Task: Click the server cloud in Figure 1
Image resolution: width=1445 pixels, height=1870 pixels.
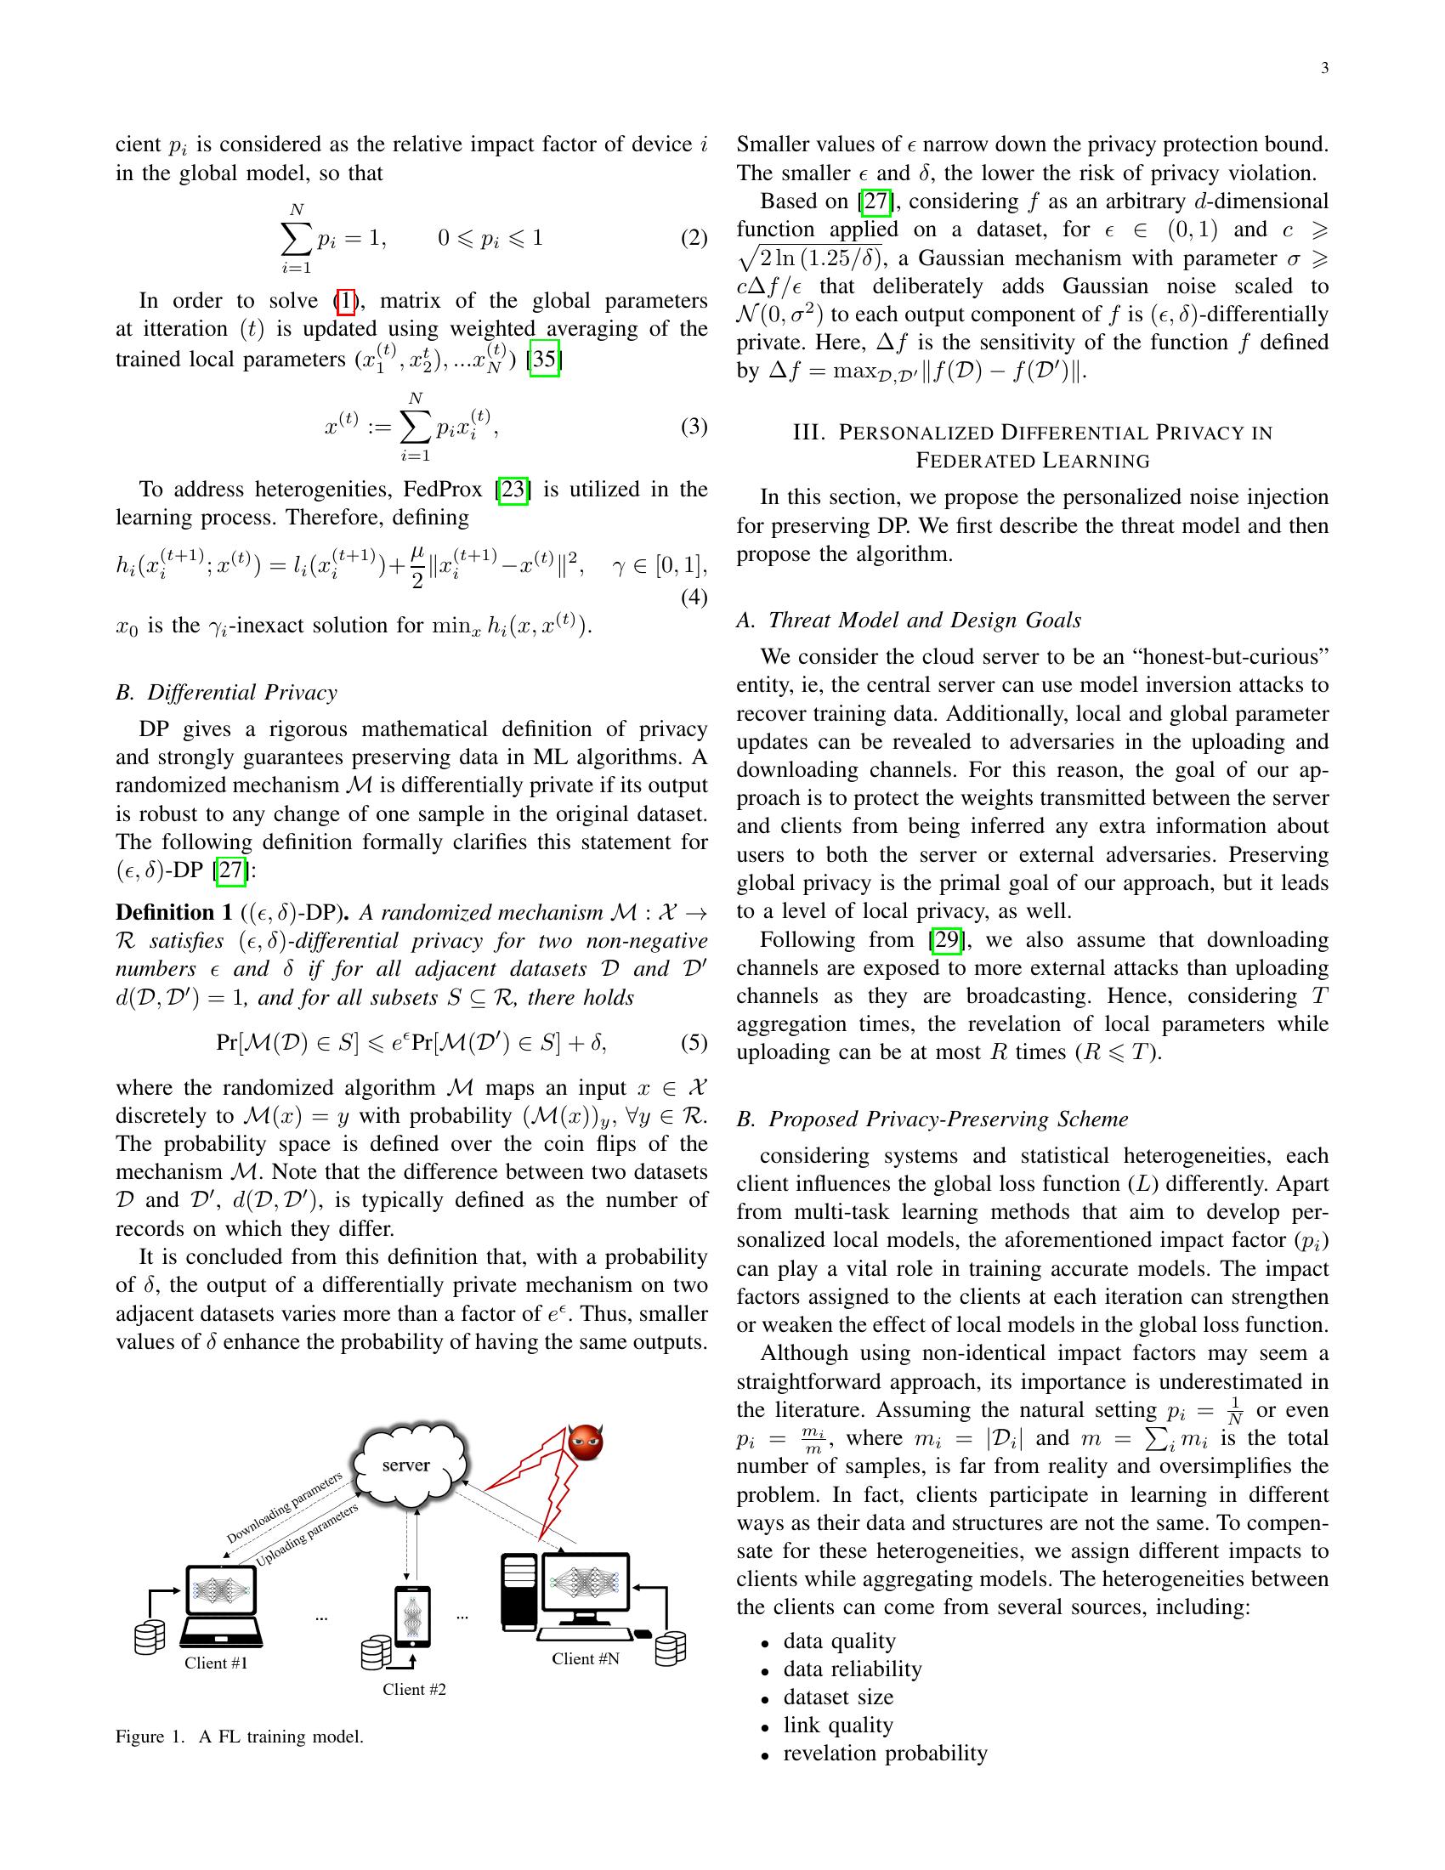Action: point(407,1465)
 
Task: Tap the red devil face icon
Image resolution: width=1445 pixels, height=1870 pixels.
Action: point(586,1442)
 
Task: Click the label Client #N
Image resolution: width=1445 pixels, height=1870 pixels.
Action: point(586,1658)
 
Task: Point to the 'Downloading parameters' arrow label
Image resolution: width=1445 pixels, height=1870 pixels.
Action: point(284,1507)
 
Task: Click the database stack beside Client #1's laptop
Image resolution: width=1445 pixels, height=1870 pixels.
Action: point(149,1637)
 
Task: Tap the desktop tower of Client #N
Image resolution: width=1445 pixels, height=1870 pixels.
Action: point(518,1590)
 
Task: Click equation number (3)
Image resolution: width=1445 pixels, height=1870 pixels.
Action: point(694,426)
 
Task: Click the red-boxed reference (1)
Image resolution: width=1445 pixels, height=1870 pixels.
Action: point(344,301)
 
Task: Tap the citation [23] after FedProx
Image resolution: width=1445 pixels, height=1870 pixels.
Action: point(513,490)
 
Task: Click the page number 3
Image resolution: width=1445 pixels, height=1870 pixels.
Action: point(1324,69)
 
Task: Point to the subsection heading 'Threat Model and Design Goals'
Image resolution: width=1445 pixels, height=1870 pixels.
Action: point(925,620)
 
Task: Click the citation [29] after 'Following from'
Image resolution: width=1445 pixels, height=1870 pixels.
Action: point(946,940)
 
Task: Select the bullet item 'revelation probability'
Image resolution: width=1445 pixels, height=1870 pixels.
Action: point(885,1754)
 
